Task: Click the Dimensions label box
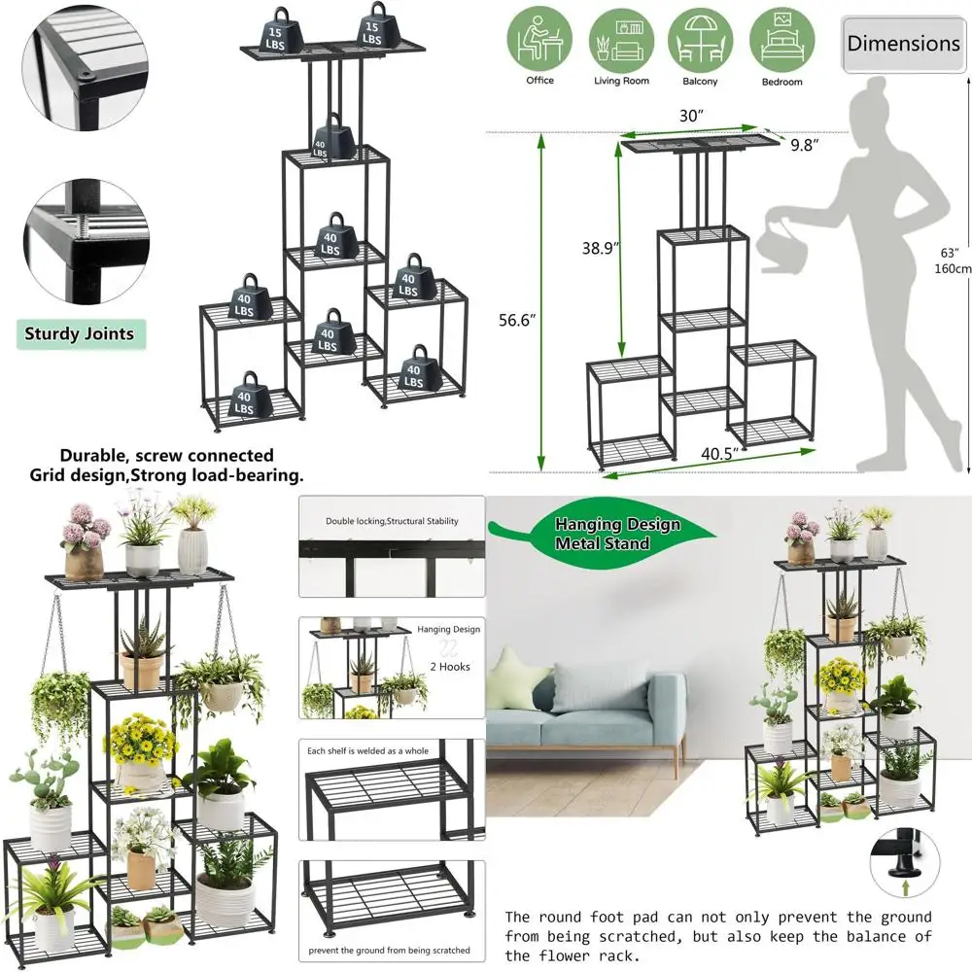[x=902, y=44]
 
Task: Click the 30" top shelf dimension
[x=691, y=116]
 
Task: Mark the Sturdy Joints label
[x=80, y=334]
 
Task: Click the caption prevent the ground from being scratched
[x=390, y=950]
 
